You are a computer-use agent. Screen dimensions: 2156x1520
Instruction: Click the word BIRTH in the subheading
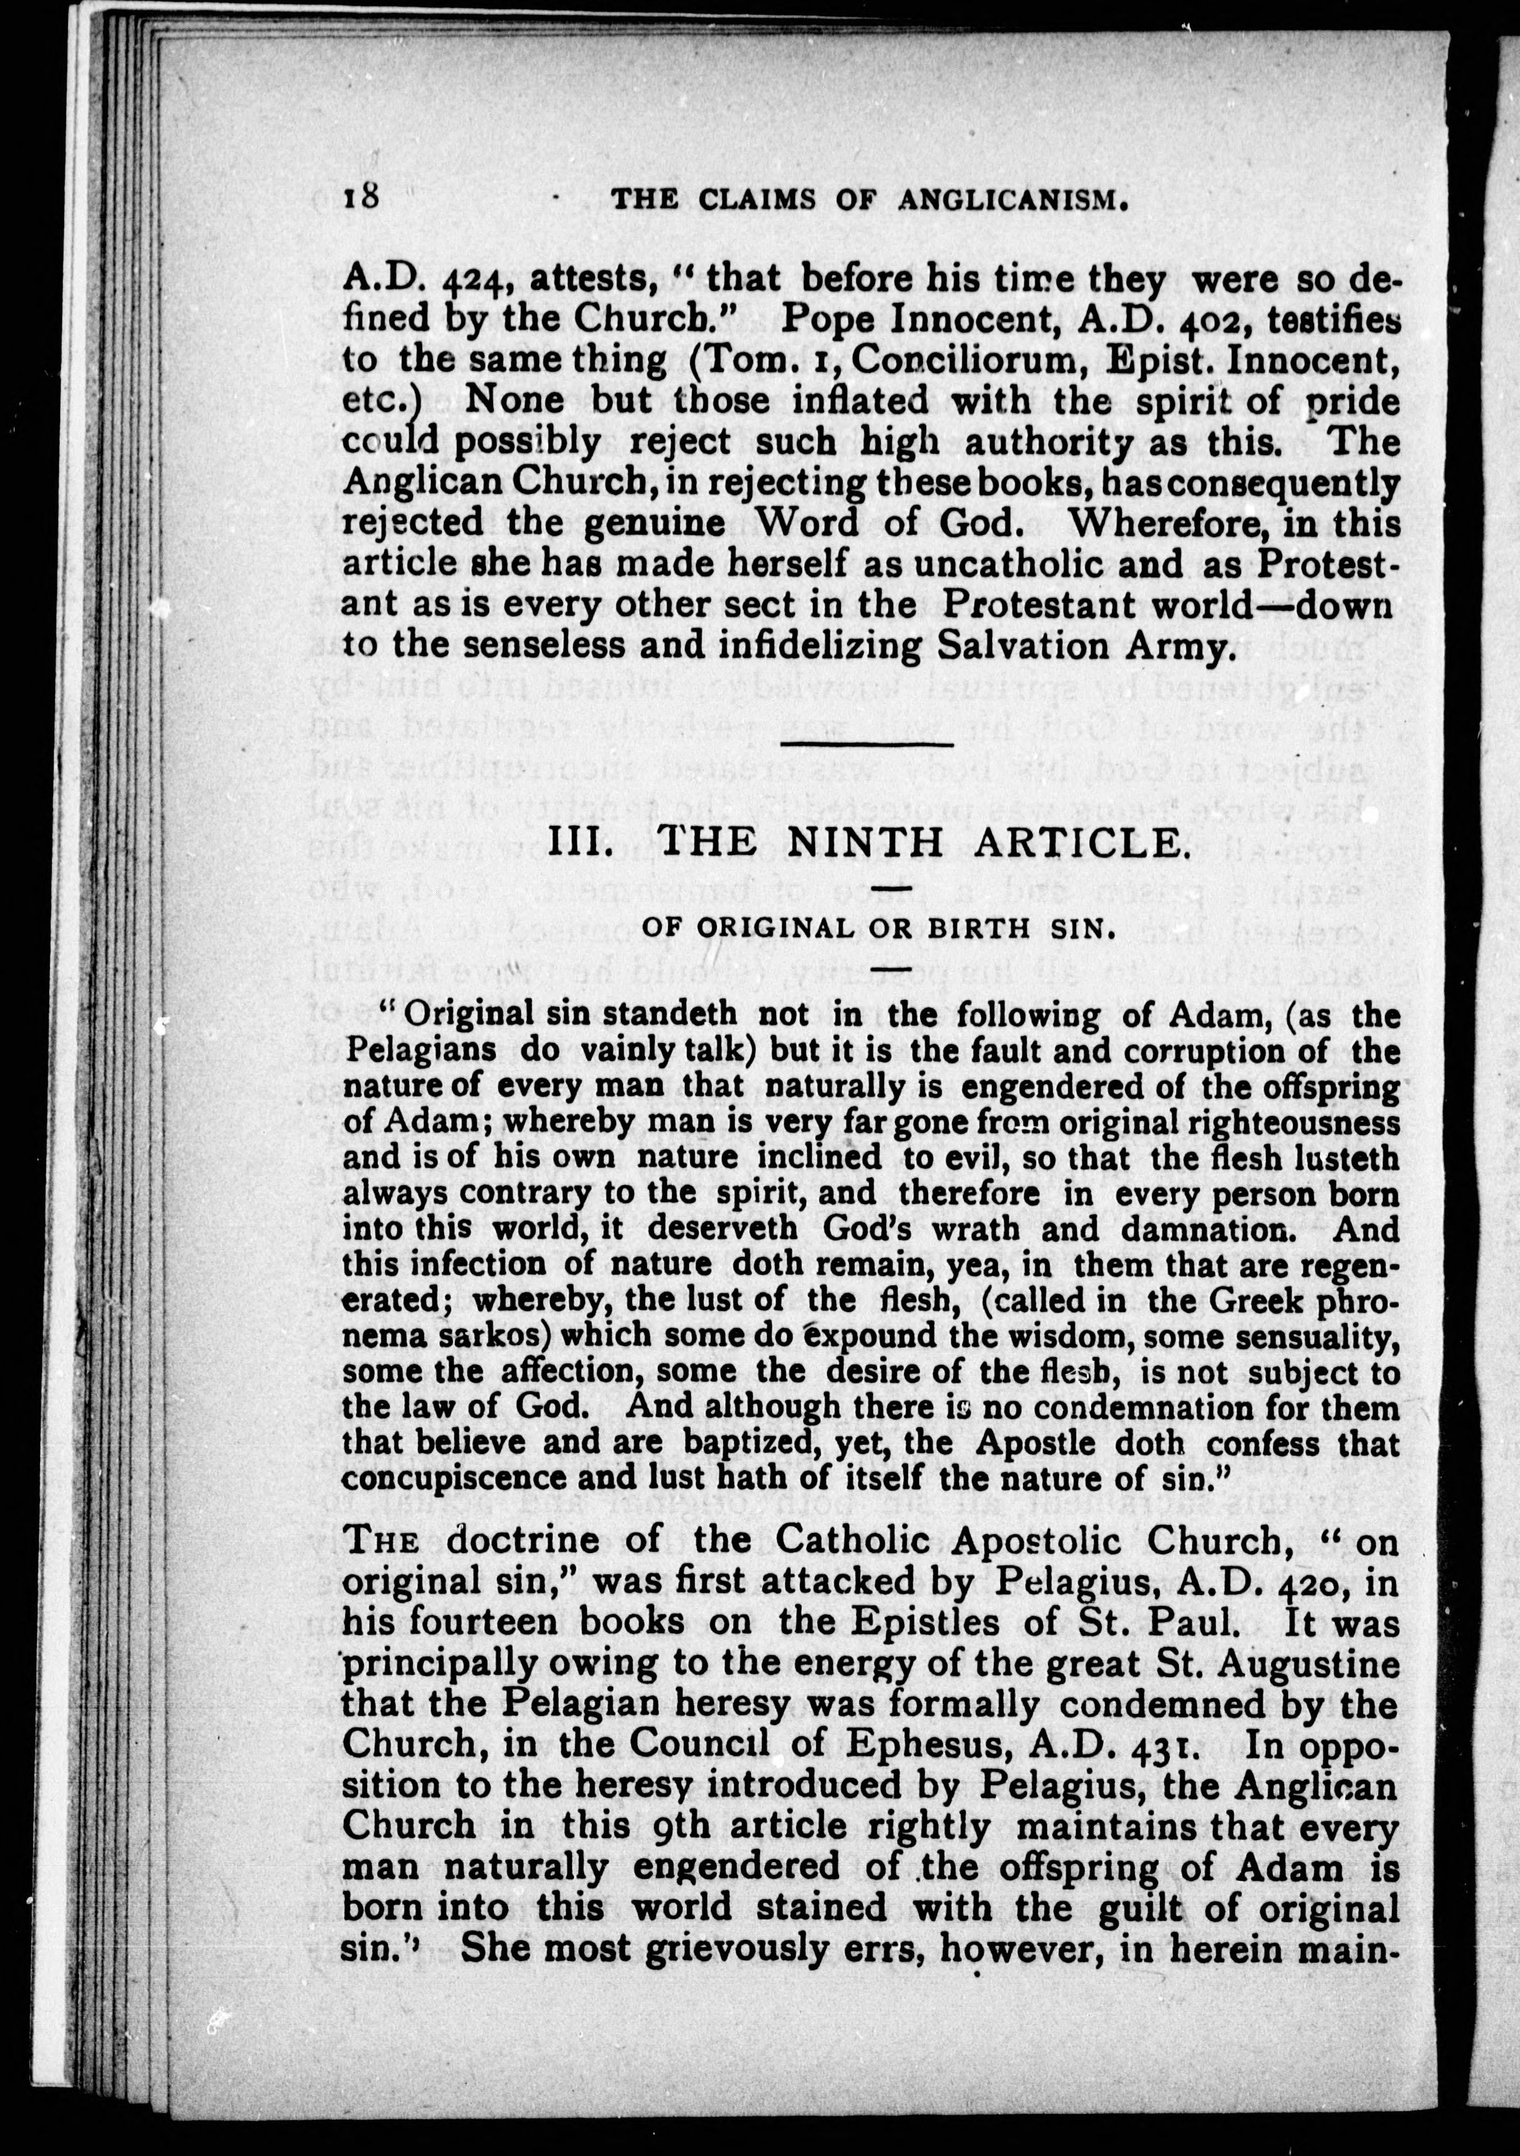pyautogui.click(x=972, y=928)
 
